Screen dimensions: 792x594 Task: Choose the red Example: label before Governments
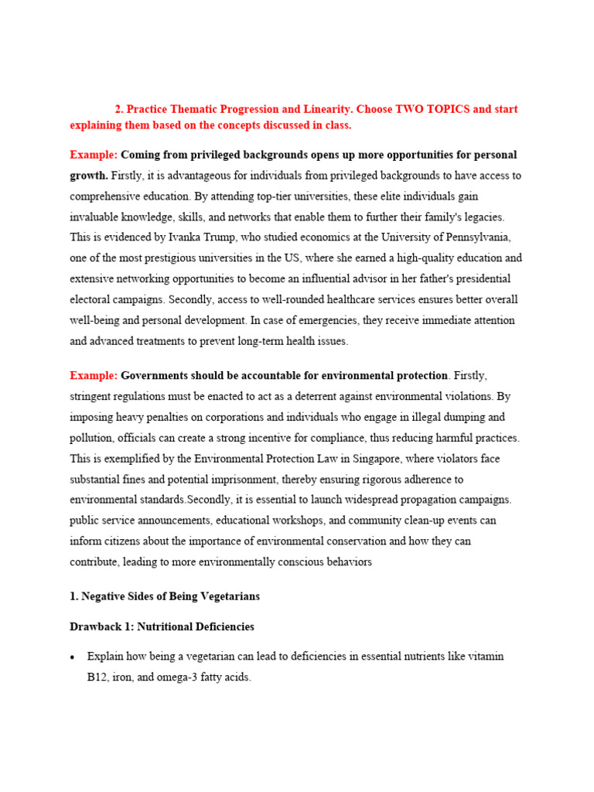94,375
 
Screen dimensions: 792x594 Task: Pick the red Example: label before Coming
94,155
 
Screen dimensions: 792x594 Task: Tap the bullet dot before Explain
73,657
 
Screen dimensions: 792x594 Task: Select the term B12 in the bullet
99,677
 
